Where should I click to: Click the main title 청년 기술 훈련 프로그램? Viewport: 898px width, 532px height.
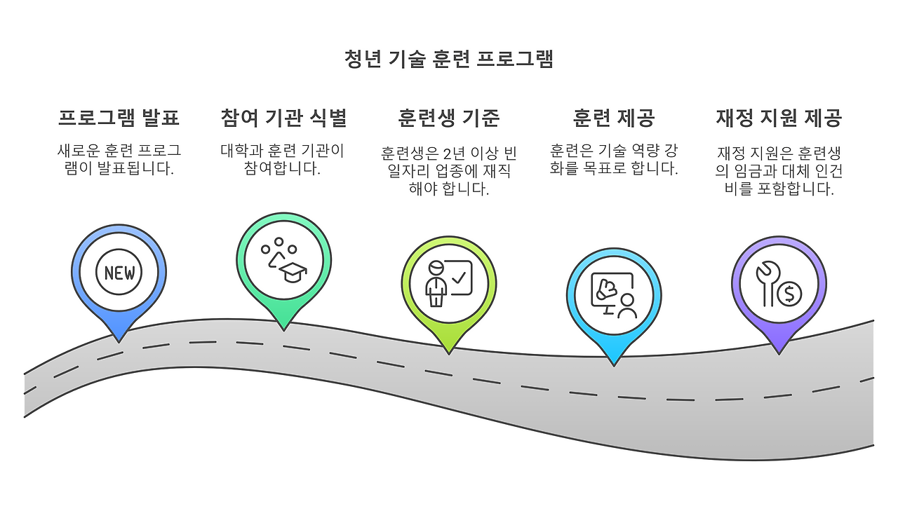click(449, 59)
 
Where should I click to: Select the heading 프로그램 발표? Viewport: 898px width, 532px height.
click(119, 118)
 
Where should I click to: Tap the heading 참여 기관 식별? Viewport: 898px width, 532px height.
click(283, 118)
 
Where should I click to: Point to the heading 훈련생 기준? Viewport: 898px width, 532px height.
click(449, 118)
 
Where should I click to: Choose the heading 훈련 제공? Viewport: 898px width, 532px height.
click(614, 118)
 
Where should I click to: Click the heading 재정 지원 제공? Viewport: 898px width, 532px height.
click(779, 118)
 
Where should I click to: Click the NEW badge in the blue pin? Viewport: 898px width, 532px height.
click(119, 273)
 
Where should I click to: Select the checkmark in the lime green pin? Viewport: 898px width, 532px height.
click(460, 278)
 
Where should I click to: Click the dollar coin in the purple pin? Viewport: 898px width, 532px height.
click(789, 294)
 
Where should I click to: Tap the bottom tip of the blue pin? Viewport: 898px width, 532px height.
click(119, 340)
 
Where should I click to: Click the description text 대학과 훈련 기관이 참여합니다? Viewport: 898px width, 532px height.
click(283, 159)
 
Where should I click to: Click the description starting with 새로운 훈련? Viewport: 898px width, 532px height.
click(119, 159)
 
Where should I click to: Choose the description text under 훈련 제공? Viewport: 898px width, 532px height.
click(614, 159)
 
